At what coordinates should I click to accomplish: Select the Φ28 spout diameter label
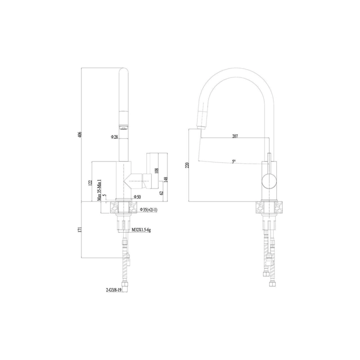tap(114, 137)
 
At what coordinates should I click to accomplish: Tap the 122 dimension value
tap(90, 182)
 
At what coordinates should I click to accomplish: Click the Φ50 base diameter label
tap(137, 198)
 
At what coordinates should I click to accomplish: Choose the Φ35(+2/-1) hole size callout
tap(148, 209)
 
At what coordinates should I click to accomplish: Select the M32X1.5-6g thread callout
tap(141, 230)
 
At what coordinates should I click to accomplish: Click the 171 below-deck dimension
tap(80, 229)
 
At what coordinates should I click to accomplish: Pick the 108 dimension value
tap(157, 171)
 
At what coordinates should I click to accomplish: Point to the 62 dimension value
tap(161, 193)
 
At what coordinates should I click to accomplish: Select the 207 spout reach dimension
tap(235, 136)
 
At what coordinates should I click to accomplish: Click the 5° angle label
tap(234, 161)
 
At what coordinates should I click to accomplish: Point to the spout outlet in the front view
tap(123, 126)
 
